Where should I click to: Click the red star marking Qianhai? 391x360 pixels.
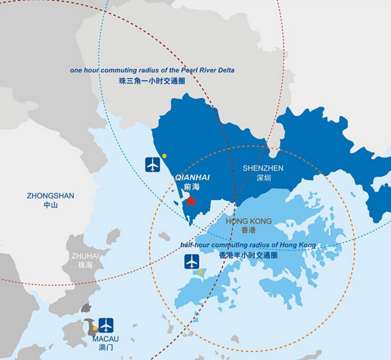pos(190,201)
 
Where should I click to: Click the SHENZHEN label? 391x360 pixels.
pos(262,168)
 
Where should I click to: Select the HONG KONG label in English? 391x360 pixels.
pos(248,221)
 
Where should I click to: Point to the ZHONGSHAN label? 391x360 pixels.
pos(50,195)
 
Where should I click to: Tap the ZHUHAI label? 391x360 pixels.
pos(85,255)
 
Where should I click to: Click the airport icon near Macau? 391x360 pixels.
pos(106,325)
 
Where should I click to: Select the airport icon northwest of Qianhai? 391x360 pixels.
pos(153,164)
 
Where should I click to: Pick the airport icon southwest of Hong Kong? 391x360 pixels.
pos(192,262)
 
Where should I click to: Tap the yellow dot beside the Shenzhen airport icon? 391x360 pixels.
pos(164,156)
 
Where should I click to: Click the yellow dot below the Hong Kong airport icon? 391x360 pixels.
pos(200,272)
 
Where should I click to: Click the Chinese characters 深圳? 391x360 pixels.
pos(263,178)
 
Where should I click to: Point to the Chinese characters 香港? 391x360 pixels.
pos(248,230)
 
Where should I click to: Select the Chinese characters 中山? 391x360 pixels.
pos(50,205)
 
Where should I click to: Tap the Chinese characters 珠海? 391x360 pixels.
pos(85,265)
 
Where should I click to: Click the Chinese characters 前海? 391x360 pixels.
pos(191,188)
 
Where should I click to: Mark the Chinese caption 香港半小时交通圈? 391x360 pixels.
pos(248,255)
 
